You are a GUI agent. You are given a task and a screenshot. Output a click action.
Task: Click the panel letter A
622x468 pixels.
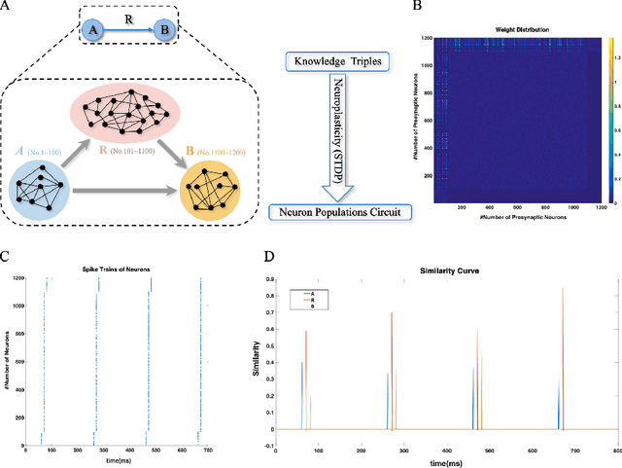pyautogui.click(x=7, y=8)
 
